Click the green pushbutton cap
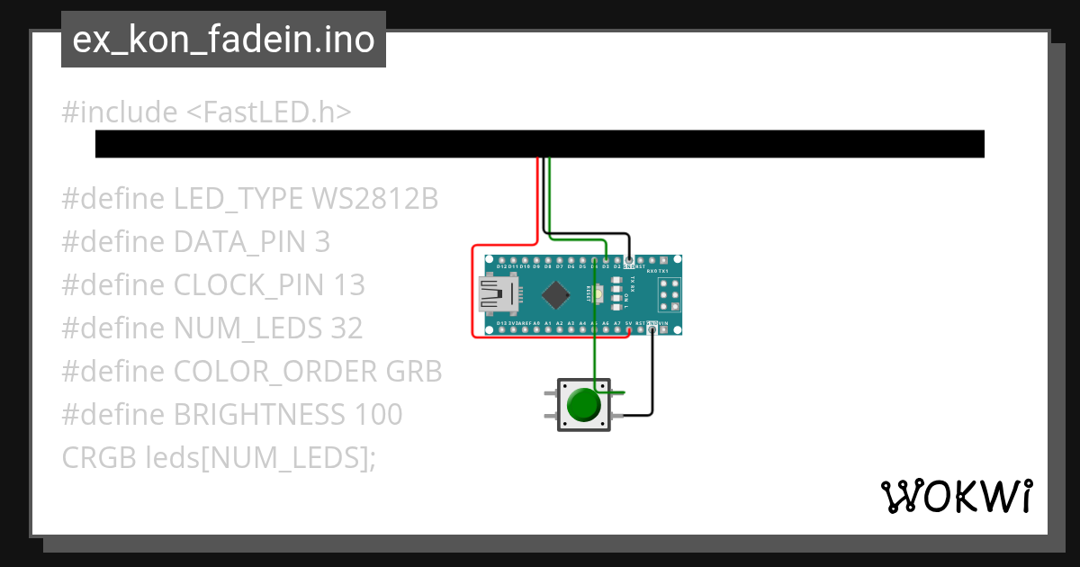point(584,405)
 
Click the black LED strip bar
point(540,144)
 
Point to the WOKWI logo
point(956,496)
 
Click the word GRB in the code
point(414,372)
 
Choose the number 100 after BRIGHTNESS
point(377,415)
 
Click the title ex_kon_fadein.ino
point(223,40)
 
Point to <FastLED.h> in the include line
point(268,112)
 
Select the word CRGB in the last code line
point(99,458)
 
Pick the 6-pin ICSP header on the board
point(669,294)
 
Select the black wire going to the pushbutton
point(652,378)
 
